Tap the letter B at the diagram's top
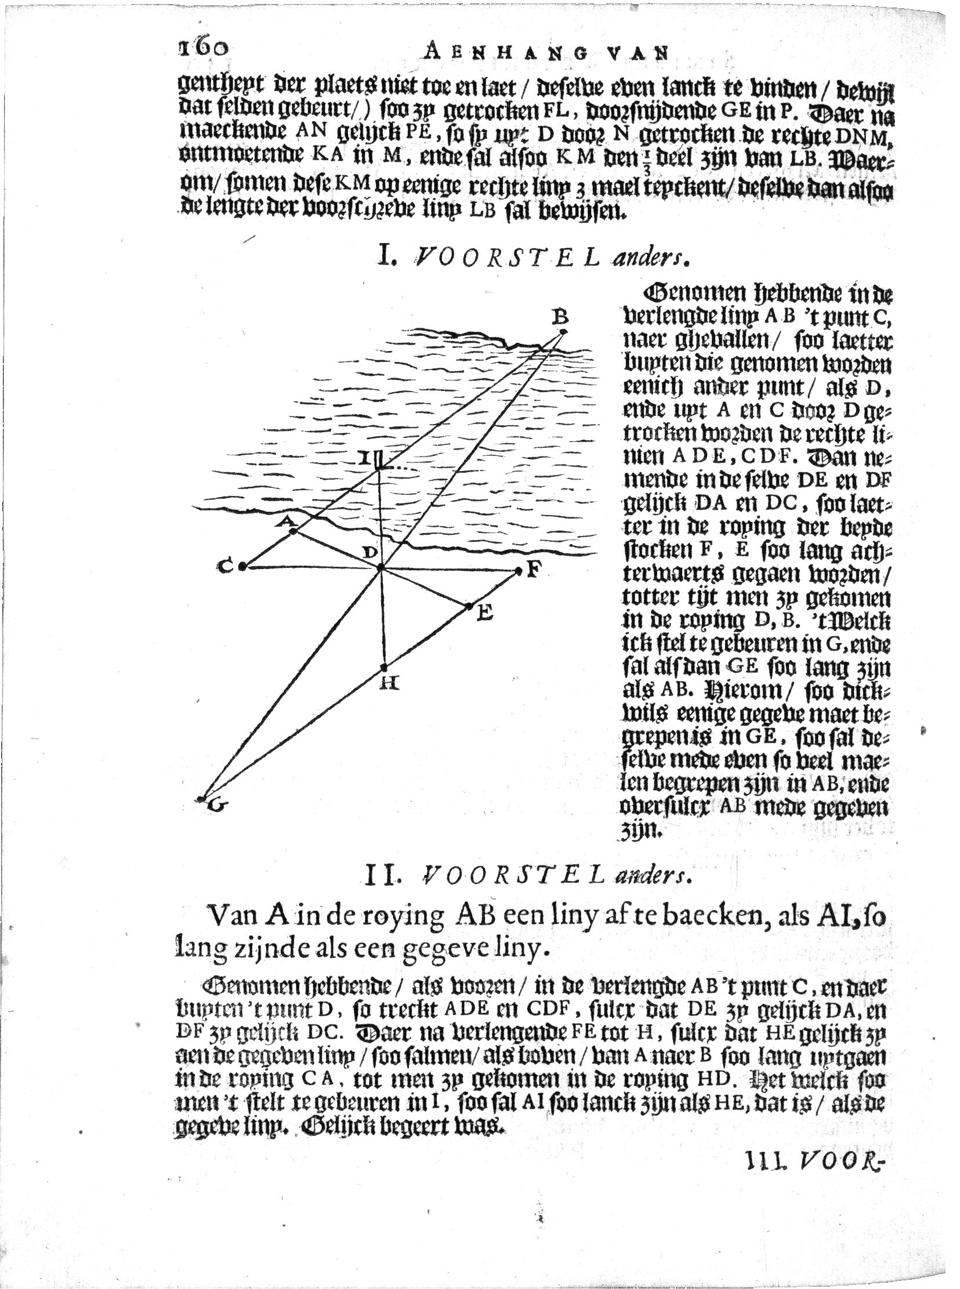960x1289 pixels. point(560,316)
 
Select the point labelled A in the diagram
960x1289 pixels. point(294,530)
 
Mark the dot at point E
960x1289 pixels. point(468,607)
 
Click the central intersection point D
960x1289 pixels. point(381,567)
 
